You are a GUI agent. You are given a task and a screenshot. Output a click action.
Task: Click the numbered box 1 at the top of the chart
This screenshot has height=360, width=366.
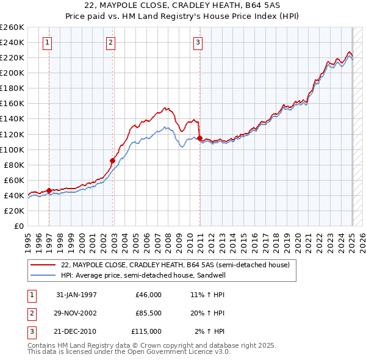click(x=48, y=42)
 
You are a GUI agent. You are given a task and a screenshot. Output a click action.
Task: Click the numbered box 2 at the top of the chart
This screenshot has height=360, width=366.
click(x=110, y=42)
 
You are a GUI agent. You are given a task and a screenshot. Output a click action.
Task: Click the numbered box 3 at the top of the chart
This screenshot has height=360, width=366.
click(x=198, y=42)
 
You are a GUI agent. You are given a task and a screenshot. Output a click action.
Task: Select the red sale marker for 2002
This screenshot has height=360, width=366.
click(x=112, y=160)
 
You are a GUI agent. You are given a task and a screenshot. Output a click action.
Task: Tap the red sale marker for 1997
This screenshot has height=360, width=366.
click(x=49, y=190)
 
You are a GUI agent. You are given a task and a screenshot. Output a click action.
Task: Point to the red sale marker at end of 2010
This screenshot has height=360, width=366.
click(x=200, y=138)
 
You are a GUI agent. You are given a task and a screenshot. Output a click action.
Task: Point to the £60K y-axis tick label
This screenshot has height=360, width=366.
click(x=14, y=180)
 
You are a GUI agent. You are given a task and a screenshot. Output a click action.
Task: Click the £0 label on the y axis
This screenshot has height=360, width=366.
click(x=19, y=226)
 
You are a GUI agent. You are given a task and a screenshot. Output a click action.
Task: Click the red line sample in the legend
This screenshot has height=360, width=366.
click(x=43, y=265)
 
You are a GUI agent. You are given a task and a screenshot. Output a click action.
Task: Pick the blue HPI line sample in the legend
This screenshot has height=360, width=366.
click(x=43, y=275)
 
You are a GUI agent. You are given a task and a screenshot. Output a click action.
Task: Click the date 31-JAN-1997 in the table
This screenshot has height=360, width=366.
click(x=76, y=295)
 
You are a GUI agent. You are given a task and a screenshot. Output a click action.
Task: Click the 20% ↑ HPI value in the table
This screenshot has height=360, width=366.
click(x=210, y=313)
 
